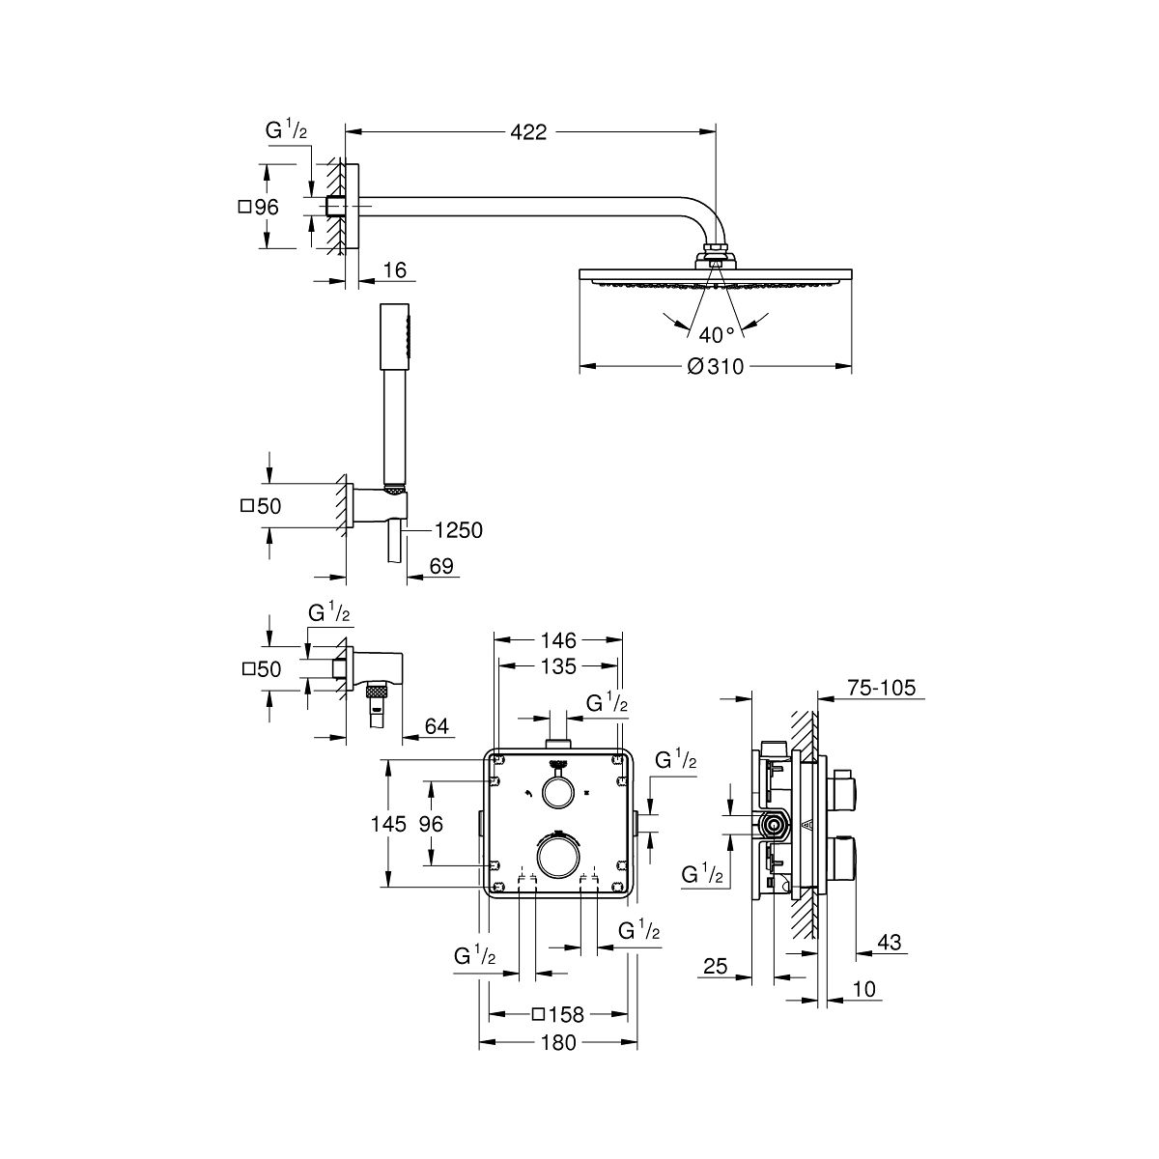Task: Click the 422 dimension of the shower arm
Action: (x=528, y=131)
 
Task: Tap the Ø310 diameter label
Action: (x=715, y=366)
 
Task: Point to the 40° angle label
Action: (x=717, y=334)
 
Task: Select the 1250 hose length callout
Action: (x=459, y=530)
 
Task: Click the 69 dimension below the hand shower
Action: (x=441, y=566)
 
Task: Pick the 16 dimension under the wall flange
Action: (x=395, y=270)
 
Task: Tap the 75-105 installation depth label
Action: (x=881, y=688)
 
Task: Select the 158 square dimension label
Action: (x=558, y=1015)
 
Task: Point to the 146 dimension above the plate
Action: (x=558, y=640)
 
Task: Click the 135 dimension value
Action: (x=558, y=666)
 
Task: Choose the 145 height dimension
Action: (x=388, y=824)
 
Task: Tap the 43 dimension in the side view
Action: (x=890, y=942)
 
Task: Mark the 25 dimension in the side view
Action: (x=715, y=967)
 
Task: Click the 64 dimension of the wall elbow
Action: (x=437, y=726)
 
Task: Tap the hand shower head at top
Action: (x=395, y=335)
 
